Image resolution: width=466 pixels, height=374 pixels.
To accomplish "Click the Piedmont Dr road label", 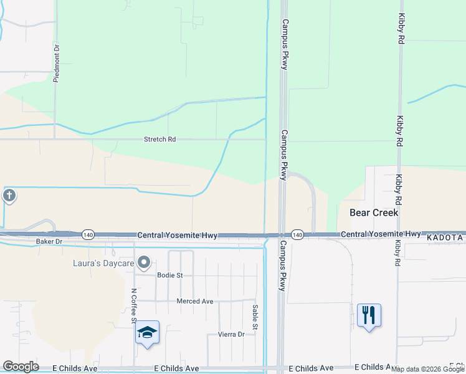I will coord(56,62).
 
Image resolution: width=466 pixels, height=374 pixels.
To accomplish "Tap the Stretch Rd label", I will coord(159,140).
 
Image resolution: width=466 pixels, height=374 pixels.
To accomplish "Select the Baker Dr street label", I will coord(49,241).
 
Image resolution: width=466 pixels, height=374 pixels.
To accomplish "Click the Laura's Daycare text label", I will coord(103,262).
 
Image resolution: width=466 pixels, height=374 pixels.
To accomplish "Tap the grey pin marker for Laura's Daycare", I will coord(145,262).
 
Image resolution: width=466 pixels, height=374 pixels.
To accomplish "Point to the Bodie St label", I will coord(169,275).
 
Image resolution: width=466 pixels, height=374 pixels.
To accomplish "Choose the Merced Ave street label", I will coord(195,301).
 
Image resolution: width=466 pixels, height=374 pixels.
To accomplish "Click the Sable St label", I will coord(255,317).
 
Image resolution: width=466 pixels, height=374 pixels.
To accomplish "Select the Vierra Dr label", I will coord(231,334).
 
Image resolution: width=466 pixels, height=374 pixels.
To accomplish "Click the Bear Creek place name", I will coord(373,213).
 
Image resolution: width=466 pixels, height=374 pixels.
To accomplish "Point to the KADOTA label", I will coord(445,238).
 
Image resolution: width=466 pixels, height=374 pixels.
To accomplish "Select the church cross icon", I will coord(9,196).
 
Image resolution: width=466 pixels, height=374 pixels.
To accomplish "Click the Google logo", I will coord(21,367).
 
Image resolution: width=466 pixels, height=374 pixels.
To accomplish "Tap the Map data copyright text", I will coord(428,369).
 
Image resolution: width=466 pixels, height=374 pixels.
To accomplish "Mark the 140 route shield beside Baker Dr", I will coord(88,235).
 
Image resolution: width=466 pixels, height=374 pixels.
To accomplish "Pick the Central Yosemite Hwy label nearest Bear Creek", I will coord(380,234).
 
